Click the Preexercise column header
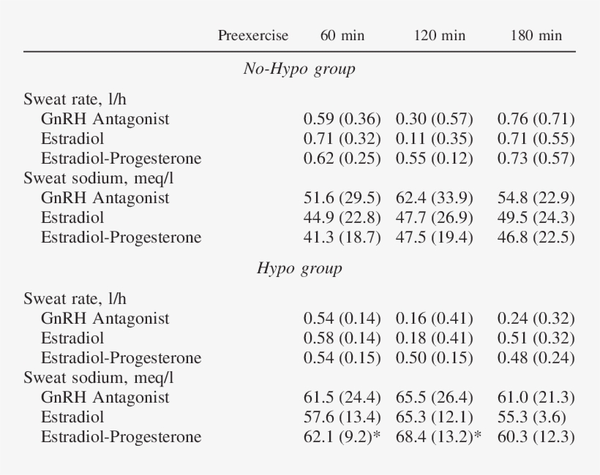[253, 36]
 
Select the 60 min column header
[342, 36]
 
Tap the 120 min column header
[439, 36]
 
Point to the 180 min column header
[536, 36]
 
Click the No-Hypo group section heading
[299, 69]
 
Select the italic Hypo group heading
[299, 268]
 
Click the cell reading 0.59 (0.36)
[342, 118]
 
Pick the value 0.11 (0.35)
[435, 138]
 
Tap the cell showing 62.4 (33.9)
[435, 198]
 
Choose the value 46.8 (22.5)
[536, 237]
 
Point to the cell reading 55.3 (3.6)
[532, 417]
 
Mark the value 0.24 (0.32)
[536, 319]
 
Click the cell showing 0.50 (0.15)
[435, 358]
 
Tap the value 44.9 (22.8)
[342, 218]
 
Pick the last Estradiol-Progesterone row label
[121, 437]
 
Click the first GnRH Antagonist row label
[105, 118]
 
